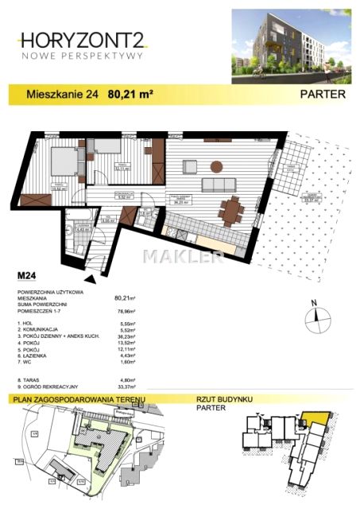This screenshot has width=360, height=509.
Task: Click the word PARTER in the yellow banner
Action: [x=323, y=94]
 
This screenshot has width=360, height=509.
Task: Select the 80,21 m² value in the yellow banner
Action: [x=130, y=94]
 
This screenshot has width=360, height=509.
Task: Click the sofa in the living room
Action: [x=216, y=185]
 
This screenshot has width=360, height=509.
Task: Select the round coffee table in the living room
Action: [x=215, y=165]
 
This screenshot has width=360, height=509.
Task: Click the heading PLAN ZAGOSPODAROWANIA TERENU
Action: [x=74, y=399]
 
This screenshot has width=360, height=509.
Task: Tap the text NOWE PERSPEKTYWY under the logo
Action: [x=82, y=56]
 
